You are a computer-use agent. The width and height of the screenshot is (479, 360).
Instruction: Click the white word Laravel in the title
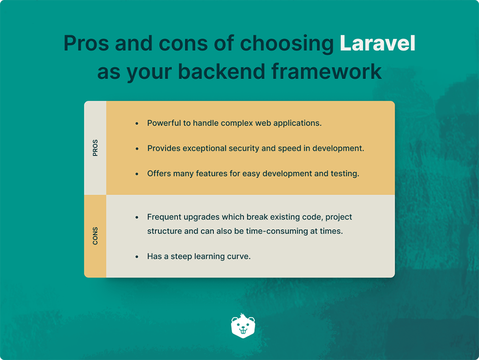coord(377,44)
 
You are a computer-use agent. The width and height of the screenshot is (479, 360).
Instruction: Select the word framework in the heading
coord(327,72)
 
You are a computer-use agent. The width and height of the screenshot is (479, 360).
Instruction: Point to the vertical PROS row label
coord(95,148)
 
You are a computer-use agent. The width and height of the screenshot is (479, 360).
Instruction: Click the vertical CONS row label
coord(95,236)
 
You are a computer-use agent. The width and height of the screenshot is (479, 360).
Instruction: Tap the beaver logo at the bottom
coord(243,326)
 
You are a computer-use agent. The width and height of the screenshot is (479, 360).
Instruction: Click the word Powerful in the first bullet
coord(163,123)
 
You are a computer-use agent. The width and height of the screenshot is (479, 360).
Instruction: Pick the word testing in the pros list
coord(344,174)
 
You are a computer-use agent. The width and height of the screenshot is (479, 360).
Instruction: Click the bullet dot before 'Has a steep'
coord(137,257)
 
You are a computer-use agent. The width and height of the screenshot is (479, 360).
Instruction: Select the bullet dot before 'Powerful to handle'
coord(137,124)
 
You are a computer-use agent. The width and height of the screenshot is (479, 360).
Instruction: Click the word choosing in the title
coord(287,44)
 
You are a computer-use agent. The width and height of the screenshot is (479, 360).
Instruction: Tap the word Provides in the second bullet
coord(163,149)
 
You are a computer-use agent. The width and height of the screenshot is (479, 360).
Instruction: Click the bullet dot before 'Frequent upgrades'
coord(137,218)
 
